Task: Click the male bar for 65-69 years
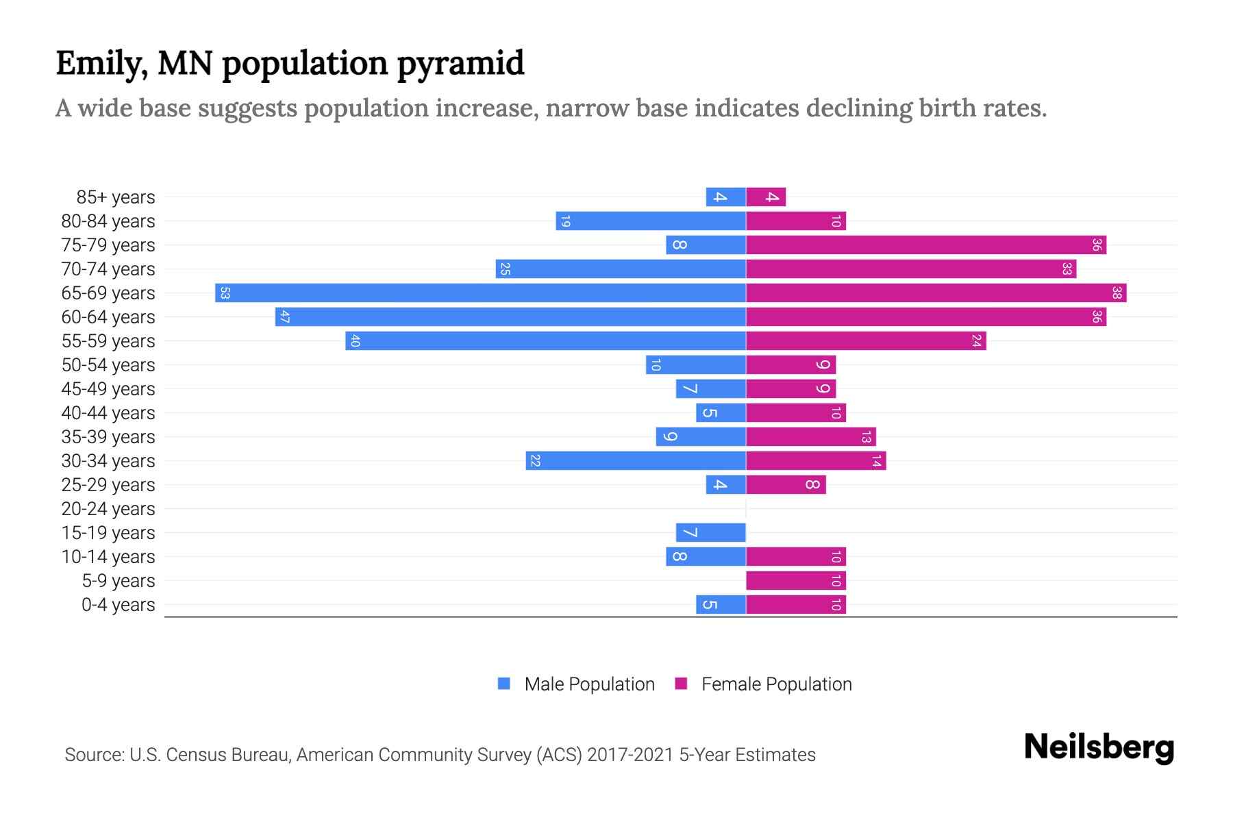click(x=480, y=293)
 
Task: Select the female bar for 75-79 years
click(x=925, y=245)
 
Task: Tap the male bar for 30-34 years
click(x=636, y=461)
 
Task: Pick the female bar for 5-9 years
click(x=795, y=581)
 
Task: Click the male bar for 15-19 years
click(x=710, y=533)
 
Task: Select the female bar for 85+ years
click(x=765, y=197)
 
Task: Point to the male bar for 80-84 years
click(x=650, y=221)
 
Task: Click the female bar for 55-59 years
click(x=865, y=341)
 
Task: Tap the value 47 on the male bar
click(x=285, y=317)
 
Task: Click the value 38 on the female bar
click(x=1117, y=293)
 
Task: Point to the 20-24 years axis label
click(x=108, y=509)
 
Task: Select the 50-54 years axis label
click(x=108, y=365)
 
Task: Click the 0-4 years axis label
click(x=118, y=605)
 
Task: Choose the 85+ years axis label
click(x=116, y=197)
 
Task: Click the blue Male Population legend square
click(x=504, y=684)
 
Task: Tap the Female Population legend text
click(x=776, y=684)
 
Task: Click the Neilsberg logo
click(x=1099, y=747)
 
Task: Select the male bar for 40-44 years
click(x=721, y=413)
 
